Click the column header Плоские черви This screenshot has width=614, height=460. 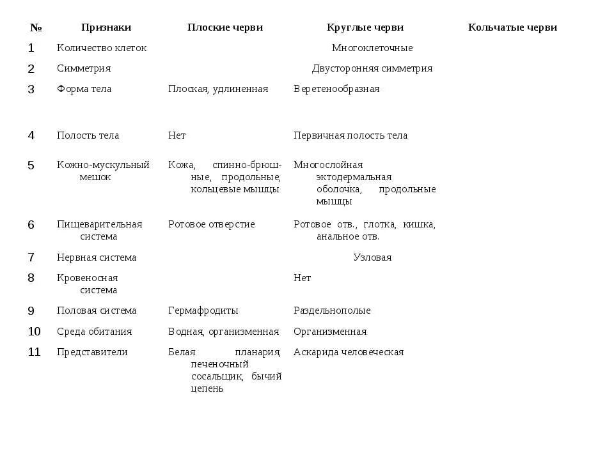224,27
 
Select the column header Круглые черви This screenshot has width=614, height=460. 365,27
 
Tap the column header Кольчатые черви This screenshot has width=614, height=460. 512,27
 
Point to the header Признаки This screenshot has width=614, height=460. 106,27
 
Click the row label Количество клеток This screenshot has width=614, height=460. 102,48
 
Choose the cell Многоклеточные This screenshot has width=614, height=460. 372,48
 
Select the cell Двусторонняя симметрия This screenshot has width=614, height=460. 372,68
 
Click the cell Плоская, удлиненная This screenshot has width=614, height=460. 218,89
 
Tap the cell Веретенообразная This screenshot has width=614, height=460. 336,89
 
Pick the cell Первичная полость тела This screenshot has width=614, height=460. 350,135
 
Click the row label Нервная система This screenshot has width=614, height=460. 97,257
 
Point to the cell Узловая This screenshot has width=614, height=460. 372,257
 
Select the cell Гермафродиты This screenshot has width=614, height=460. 203,310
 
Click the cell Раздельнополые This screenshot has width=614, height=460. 332,310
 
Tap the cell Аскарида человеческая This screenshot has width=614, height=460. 349,352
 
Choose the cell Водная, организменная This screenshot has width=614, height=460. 224,332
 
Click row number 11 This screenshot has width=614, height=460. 34,352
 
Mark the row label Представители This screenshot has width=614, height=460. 92,352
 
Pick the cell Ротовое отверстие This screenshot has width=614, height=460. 212,224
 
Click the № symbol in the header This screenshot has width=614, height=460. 36,28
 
